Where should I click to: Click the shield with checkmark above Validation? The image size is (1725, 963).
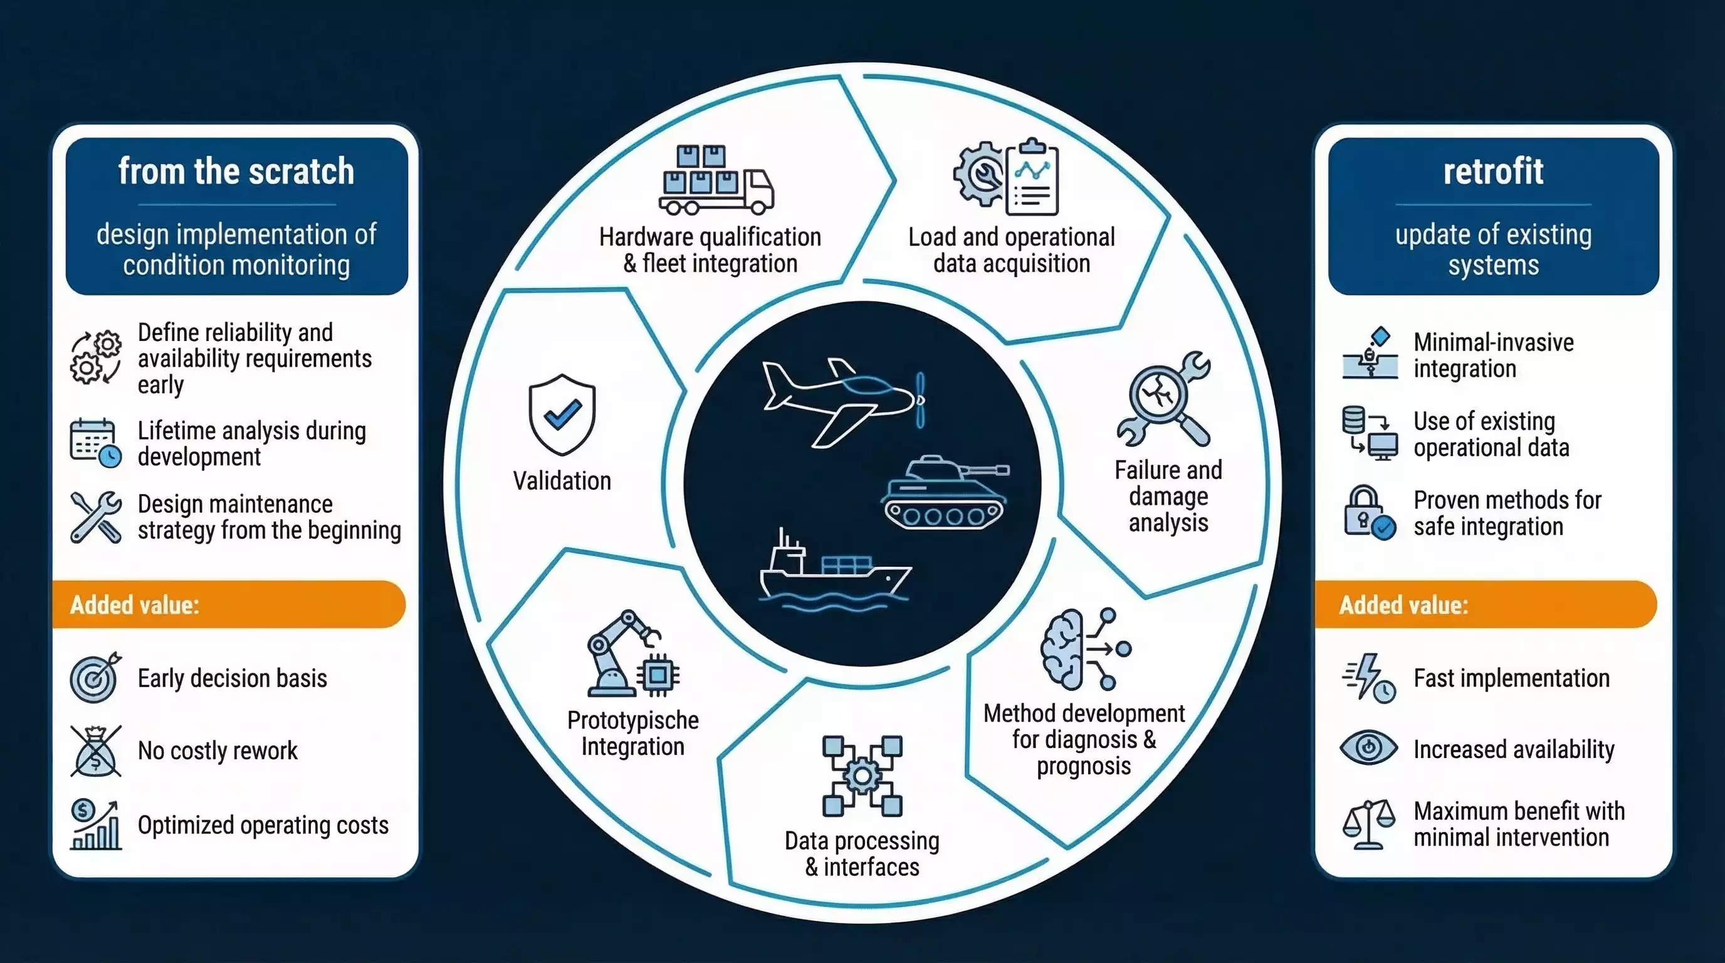point(562,414)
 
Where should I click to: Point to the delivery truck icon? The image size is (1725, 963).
point(716,179)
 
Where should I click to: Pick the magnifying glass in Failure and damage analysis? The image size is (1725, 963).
point(1158,395)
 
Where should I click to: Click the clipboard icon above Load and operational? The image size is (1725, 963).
point(1032,177)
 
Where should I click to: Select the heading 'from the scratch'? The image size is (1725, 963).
point(236,171)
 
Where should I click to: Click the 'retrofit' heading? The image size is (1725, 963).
point(1493,171)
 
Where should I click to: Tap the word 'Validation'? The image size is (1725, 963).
point(562,481)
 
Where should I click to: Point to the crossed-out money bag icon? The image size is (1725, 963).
point(96,750)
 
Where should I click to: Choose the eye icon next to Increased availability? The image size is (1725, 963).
point(1369,747)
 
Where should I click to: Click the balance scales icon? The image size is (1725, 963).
point(1369,824)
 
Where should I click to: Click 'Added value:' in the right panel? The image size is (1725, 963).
point(1403,605)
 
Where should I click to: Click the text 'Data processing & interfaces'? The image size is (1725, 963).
point(862,854)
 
